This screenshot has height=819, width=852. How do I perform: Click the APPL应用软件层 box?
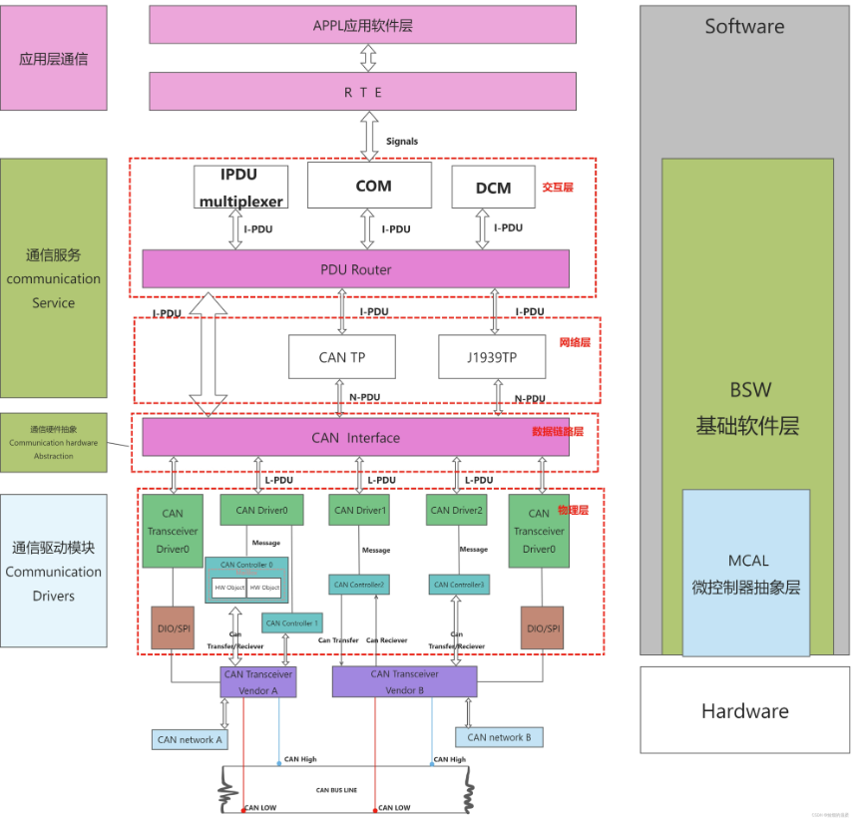pyautogui.click(x=362, y=25)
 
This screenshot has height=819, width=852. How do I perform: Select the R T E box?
pyautogui.click(x=362, y=92)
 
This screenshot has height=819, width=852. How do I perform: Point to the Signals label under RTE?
pyautogui.click(x=402, y=142)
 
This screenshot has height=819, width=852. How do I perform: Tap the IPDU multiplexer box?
pyautogui.click(x=240, y=186)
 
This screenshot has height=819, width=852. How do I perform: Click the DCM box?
pyautogui.click(x=493, y=188)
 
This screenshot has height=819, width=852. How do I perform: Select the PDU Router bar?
pyautogui.click(x=355, y=269)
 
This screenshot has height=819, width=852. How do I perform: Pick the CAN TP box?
pyautogui.click(x=341, y=357)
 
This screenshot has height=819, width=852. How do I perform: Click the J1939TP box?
pyautogui.click(x=492, y=357)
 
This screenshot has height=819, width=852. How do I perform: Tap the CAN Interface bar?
pyautogui.click(x=355, y=437)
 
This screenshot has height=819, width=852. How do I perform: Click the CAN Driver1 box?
pyautogui.click(x=359, y=510)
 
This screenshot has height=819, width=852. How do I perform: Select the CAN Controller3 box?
pyautogui.click(x=459, y=585)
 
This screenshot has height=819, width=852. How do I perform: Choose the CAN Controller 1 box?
pyautogui.click(x=291, y=622)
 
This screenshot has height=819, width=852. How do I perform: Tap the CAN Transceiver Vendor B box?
pyautogui.click(x=405, y=681)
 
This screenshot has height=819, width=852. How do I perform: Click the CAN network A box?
pyautogui.click(x=190, y=739)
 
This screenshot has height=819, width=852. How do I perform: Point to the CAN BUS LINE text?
pyautogui.click(x=336, y=790)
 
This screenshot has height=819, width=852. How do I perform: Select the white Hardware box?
pyautogui.click(x=744, y=710)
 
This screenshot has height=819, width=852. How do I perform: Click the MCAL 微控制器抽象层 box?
pyautogui.click(x=746, y=573)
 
